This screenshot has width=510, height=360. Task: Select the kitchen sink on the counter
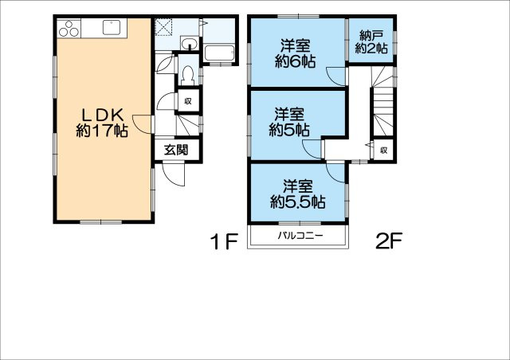[x=111, y=28]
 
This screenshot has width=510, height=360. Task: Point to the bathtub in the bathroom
[x=219, y=53]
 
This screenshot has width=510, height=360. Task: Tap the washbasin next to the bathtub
[x=189, y=43]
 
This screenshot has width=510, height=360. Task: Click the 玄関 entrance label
[x=177, y=149]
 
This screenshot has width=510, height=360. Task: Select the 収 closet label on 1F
[x=188, y=101]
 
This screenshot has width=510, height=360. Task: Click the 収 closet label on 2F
[x=383, y=149]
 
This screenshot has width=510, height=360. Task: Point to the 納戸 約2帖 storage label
[x=372, y=41]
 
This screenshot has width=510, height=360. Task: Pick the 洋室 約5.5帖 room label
[x=297, y=194]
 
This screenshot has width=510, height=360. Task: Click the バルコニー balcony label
[x=300, y=237]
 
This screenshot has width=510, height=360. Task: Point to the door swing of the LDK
[x=142, y=124]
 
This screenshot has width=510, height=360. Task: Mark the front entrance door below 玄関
[x=175, y=173]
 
